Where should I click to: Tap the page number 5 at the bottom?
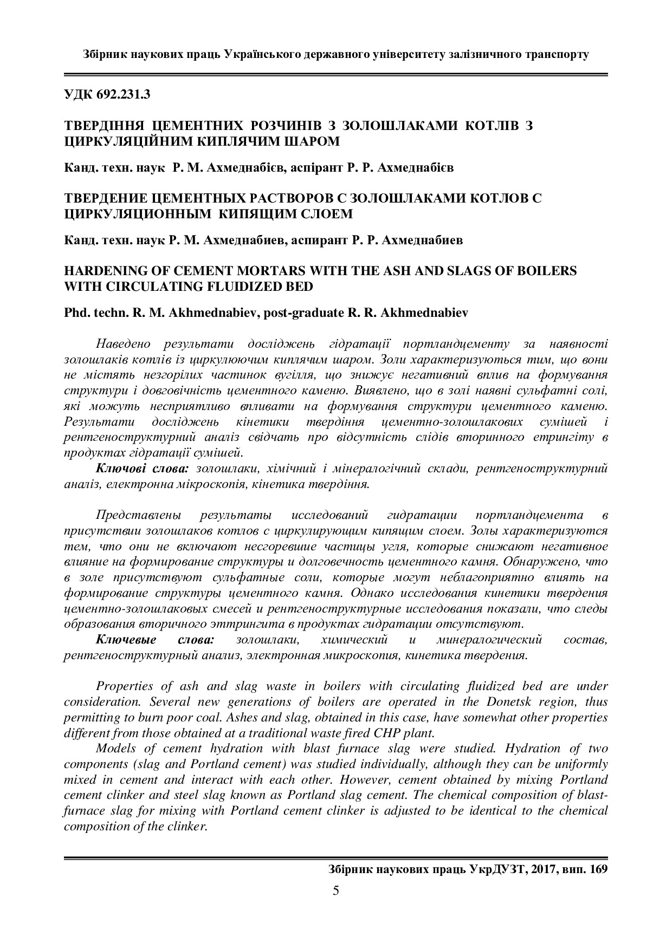[x=335, y=890]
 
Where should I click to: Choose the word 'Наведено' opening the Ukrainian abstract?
[x=120, y=343]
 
